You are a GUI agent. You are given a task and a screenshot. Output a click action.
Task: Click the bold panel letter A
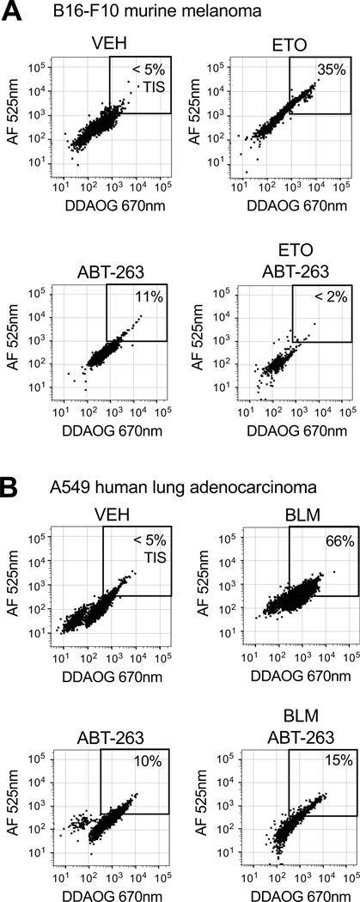(11, 11)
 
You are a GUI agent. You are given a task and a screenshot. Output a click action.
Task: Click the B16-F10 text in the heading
(64, 12)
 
